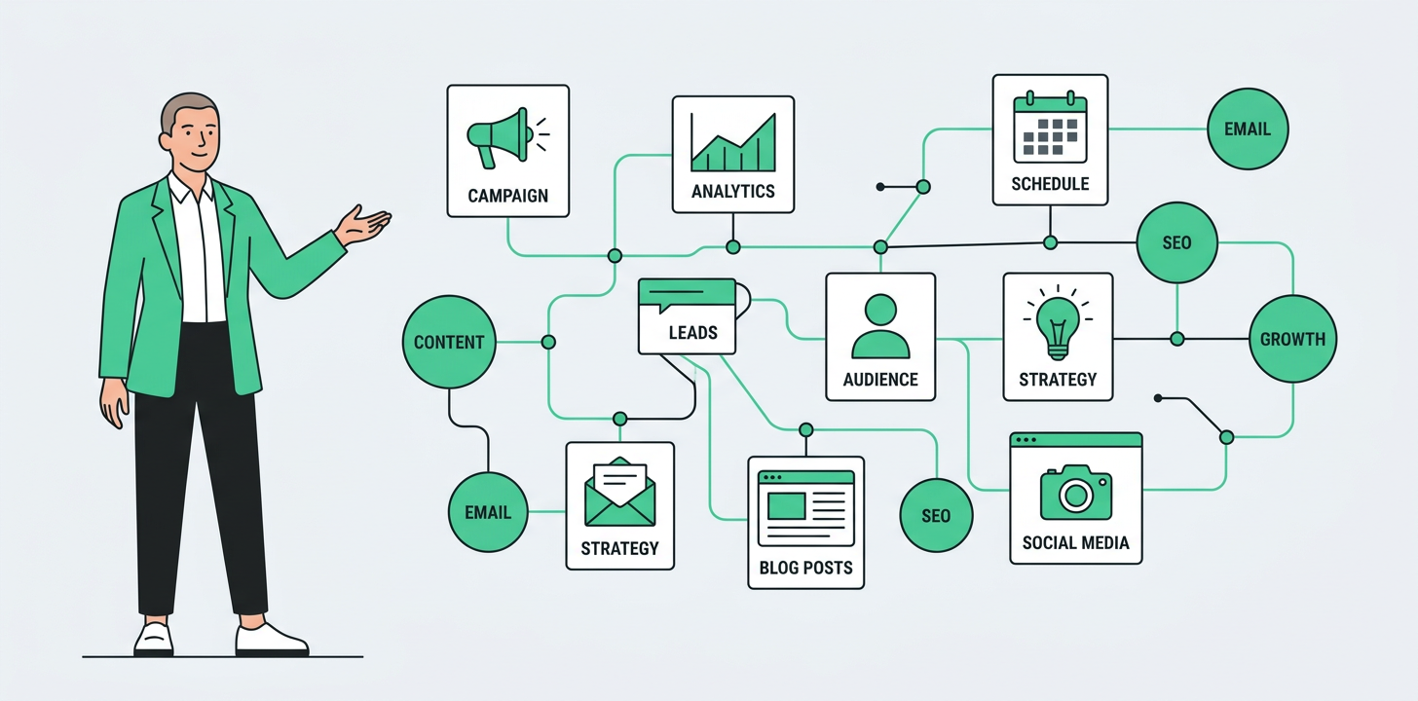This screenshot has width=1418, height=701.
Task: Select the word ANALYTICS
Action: coord(733,191)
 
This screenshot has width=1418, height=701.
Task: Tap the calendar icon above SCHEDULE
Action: coord(1050,128)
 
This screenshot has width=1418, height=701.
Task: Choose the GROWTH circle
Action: coord(1292,339)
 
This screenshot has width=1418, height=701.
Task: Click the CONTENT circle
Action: coord(450,343)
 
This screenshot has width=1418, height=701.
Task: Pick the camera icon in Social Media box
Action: coord(1076,493)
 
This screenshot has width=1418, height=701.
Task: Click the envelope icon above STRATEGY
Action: coord(619,492)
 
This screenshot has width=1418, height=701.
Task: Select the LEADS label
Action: coord(693,333)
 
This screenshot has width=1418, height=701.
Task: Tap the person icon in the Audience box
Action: coord(880,326)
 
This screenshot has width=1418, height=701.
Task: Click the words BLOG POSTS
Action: coord(805,568)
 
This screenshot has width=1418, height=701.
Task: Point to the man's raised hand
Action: coord(361,226)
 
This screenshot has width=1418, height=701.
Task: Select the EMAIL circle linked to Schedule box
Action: coord(1248,129)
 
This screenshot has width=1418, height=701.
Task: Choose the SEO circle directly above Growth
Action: coord(1176,242)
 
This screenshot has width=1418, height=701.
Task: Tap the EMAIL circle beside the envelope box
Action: coord(488,512)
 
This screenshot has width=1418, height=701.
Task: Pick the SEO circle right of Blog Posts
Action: coord(936,516)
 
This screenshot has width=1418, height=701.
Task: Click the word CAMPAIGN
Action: coord(508,196)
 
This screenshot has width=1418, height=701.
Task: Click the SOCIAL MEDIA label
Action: coord(1076,543)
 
